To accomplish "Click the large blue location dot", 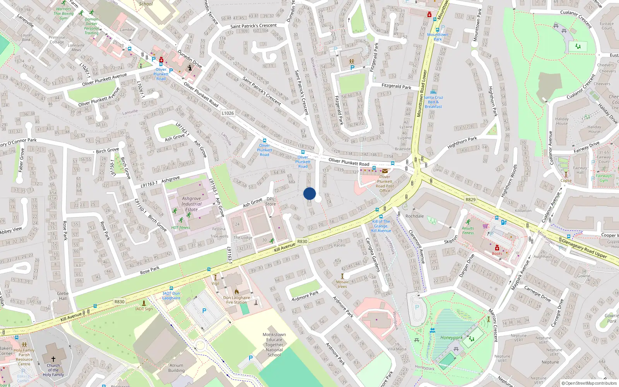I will click(309, 193).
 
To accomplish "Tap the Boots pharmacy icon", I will click(497, 248).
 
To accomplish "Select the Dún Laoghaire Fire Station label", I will click(236, 300).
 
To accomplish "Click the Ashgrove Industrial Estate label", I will click(192, 204).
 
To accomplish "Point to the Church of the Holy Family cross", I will click(53, 359).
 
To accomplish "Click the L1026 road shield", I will click(228, 113).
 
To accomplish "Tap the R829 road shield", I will click(470, 200).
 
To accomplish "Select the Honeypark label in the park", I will click(451, 337).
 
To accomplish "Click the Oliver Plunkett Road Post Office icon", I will click(385, 171).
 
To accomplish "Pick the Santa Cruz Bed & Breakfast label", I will click(433, 102).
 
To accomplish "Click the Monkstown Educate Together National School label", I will click(274, 344).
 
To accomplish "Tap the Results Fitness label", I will click(468, 231).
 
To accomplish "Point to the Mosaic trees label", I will click(342, 284).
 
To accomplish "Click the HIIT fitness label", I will click(181, 228).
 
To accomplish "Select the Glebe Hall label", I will click(63, 296).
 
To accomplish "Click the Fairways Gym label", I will click(604, 178).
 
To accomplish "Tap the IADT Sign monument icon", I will click(144, 303).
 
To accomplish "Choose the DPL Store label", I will click(270, 202).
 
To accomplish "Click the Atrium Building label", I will click(176, 368).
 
